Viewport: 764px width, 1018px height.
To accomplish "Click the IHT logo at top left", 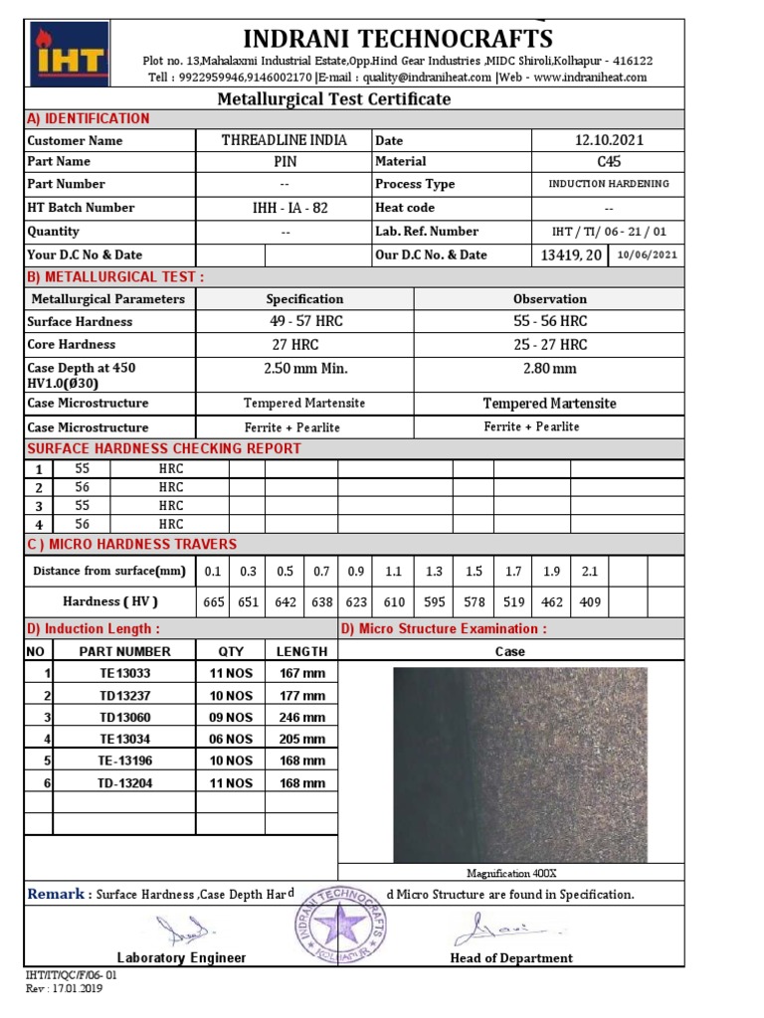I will coord(69,54).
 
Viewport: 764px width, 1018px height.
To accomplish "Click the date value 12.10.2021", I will coord(609,140).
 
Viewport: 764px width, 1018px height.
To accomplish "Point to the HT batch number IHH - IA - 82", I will coord(285,208).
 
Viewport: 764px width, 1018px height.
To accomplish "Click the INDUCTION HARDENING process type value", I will coord(609,184).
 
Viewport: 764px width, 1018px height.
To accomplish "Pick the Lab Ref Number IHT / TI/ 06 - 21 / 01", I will coord(609,231).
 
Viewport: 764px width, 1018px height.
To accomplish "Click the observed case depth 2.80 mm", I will coord(549,368).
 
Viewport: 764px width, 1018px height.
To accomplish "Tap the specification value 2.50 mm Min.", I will coord(304,368).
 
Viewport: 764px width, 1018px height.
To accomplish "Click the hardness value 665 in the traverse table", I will coord(213,601).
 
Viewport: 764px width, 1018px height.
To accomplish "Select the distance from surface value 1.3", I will coord(434,572).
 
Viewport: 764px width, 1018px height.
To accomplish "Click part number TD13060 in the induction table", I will coord(124,717).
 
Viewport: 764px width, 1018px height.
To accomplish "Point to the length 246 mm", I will coord(301,717).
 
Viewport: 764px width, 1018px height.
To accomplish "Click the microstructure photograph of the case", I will coord(520,764).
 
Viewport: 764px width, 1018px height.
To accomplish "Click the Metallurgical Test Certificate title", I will coord(334,98).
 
